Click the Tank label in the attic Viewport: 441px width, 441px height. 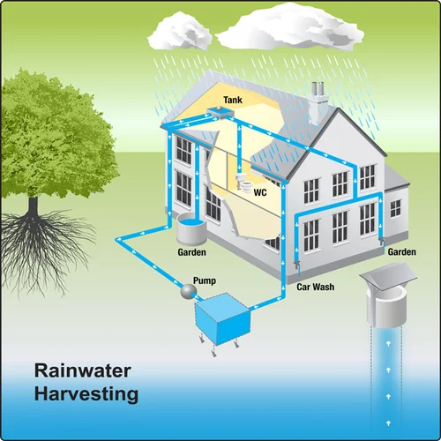click(233, 100)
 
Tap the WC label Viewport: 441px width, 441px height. click(260, 192)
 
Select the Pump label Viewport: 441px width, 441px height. click(205, 280)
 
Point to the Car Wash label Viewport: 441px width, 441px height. click(315, 287)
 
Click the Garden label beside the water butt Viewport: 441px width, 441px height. click(191, 252)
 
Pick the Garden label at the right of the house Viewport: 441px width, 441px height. click(402, 252)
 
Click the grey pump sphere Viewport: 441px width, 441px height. click(189, 291)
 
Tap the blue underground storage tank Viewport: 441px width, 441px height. click(223, 319)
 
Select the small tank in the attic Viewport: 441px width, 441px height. click(220, 111)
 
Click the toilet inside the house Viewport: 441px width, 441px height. click(243, 183)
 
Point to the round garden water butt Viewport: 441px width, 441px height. click(191, 228)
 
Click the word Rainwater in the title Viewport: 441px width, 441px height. click(83, 370)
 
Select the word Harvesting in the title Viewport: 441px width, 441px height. click(86, 394)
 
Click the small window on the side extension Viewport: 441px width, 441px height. click(395, 208)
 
